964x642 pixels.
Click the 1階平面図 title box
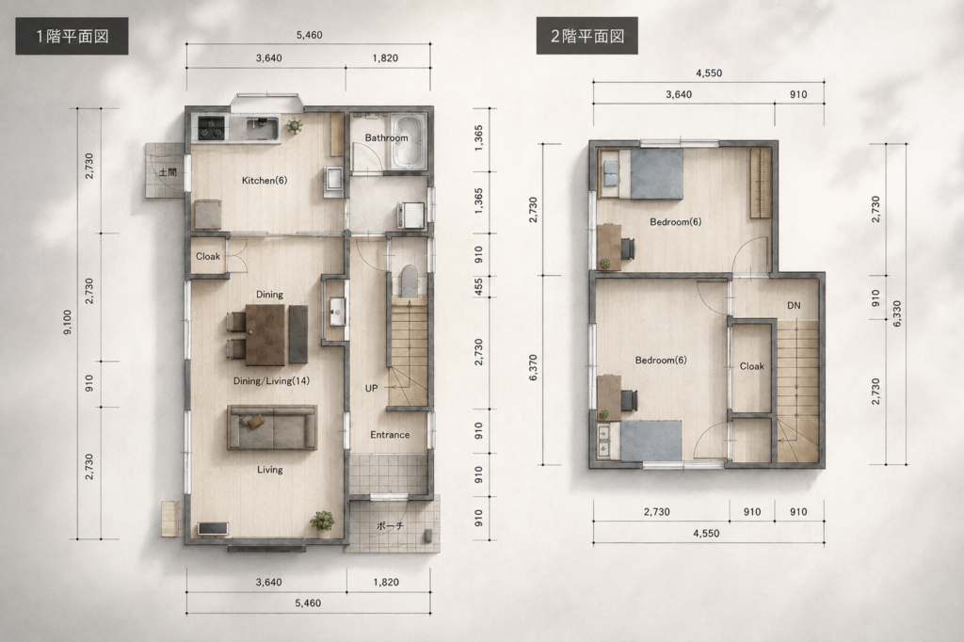(72, 37)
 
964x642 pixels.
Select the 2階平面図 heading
(586, 36)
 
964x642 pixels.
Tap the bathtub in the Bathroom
(409, 142)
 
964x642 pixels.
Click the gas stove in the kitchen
(211, 128)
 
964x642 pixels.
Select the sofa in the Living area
(272, 426)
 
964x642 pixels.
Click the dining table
(265, 334)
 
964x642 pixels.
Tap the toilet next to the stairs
(409, 281)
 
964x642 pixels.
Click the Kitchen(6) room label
(265, 181)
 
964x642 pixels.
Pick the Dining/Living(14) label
(271, 381)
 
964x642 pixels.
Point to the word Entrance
(390, 435)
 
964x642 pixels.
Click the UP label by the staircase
(371, 388)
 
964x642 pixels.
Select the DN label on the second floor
(794, 306)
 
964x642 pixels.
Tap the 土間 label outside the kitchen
(168, 171)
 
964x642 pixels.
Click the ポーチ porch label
(390, 526)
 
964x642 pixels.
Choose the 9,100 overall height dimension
(67, 322)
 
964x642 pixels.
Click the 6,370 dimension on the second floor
(533, 368)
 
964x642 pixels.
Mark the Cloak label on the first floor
(208, 256)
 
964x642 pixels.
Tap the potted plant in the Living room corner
(322, 521)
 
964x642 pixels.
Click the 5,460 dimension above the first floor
(309, 35)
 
